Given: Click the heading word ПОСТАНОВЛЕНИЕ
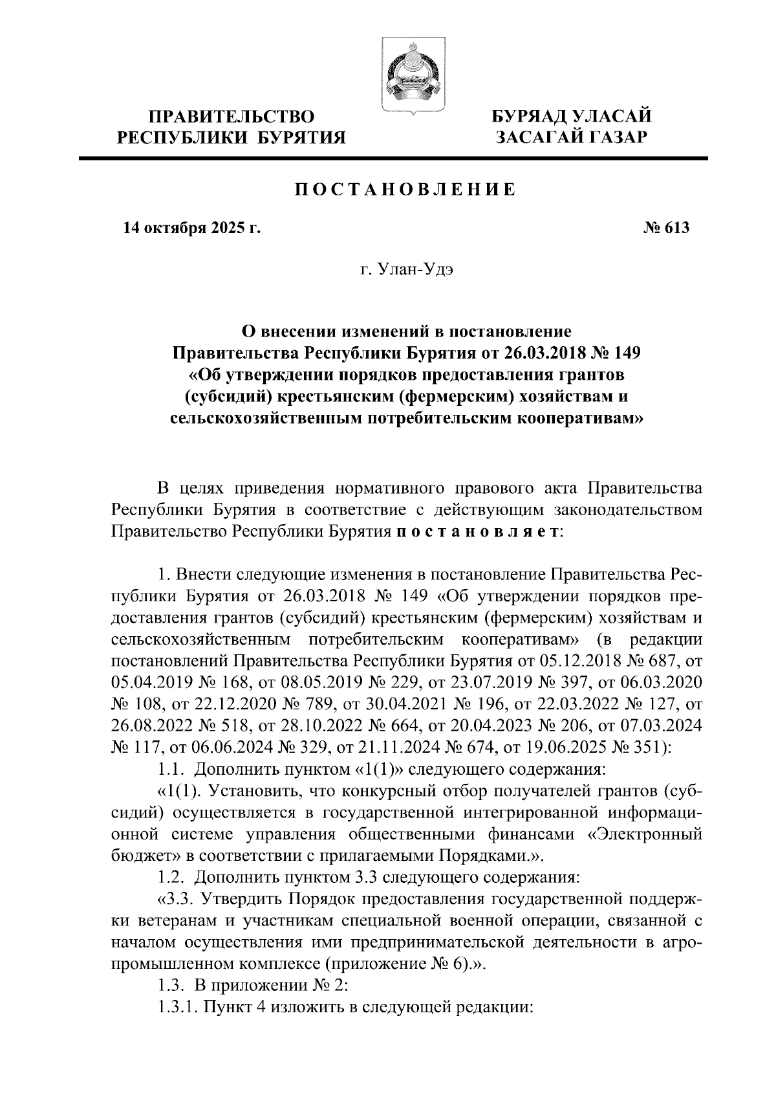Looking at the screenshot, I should click(406, 190).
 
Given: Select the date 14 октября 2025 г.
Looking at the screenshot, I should click(182, 228).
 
